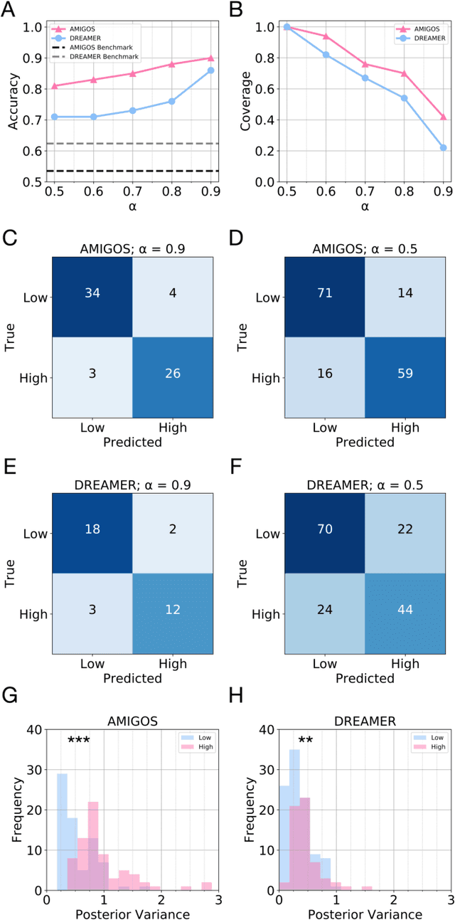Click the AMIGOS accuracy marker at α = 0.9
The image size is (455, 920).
210,58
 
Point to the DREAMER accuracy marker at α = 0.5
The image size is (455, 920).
54,116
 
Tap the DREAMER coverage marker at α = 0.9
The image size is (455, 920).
443,147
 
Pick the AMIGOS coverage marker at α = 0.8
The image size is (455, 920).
404,73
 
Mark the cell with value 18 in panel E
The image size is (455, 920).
92,533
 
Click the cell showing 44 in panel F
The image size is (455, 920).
405,613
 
